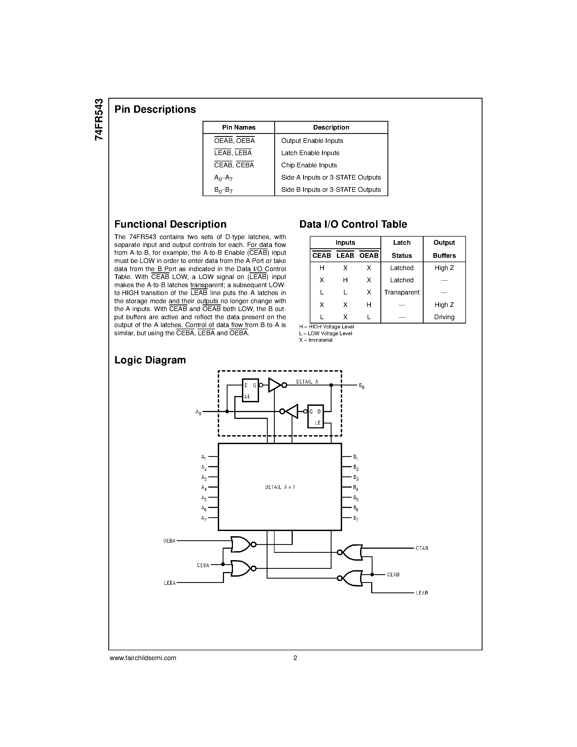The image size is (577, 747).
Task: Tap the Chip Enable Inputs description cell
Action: tap(309, 165)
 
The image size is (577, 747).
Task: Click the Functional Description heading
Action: tap(170, 224)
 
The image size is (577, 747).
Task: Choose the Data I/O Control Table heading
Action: tap(353, 224)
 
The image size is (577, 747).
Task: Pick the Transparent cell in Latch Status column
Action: tap(402, 293)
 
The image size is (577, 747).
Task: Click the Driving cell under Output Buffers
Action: tap(444, 317)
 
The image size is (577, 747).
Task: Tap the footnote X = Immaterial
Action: tap(316, 340)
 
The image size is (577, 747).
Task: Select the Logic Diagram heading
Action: tap(150, 360)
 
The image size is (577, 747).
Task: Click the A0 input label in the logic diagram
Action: tap(198, 413)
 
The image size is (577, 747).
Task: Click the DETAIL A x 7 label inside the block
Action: tap(280, 487)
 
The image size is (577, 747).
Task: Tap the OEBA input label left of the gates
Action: tap(169, 541)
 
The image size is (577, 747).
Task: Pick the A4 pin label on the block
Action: tap(204, 488)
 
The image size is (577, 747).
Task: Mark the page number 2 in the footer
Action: tap(295, 658)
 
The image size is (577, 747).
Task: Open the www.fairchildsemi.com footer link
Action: tap(143, 658)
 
